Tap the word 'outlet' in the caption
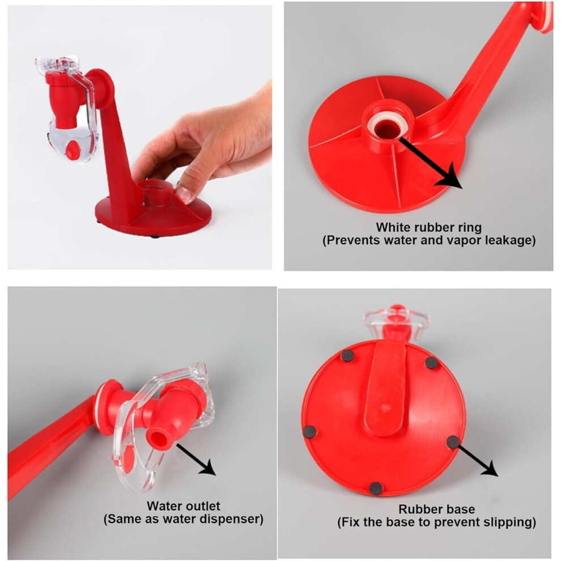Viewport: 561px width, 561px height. click(x=203, y=506)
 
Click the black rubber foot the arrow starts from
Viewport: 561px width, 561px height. click(x=453, y=443)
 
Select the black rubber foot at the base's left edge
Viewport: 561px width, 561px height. click(x=310, y=432)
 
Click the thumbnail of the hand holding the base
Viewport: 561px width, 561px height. click(x=140, y=137)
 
